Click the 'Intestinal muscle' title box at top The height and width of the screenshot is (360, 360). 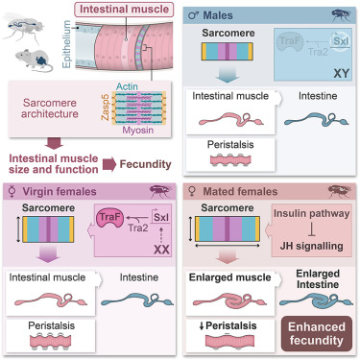coord(124,10)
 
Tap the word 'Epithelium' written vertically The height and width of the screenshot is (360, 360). coord(66,44)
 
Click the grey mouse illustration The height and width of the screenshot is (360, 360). coord(34,60)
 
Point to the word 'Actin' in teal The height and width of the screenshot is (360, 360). coord(127,86)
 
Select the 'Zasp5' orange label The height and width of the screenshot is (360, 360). coord(106,108)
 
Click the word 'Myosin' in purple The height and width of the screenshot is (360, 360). coord(138,131)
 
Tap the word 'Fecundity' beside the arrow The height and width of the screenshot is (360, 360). coord(145,164)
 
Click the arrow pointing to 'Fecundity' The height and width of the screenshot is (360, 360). coord(109,164)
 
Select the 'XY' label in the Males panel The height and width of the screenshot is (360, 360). coord(341,74)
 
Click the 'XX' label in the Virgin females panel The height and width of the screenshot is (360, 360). coord(161,250)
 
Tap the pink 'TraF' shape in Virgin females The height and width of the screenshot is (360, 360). coord(109,218)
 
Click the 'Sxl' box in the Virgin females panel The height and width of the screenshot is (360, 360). coord(160,217)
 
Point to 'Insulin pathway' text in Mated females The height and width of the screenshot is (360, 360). coord(311,213)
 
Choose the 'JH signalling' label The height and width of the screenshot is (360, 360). coord(311,246)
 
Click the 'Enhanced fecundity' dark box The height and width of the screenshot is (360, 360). coord(317,333)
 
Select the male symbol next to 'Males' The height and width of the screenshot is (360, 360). coord(193,15)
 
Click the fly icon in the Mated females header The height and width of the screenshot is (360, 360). coord(340,191)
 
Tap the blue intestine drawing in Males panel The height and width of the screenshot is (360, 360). coord(316,119)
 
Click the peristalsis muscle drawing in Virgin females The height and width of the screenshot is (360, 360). coord(50,341)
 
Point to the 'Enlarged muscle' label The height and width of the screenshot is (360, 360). coord(229,277)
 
